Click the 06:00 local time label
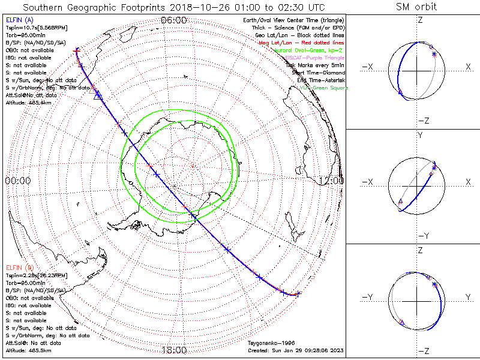pos(174,20)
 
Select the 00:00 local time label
pos(18,180)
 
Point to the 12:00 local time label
pos(331,180)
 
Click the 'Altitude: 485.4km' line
pos(29,103)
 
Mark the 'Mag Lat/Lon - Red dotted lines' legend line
pos(305,43)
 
